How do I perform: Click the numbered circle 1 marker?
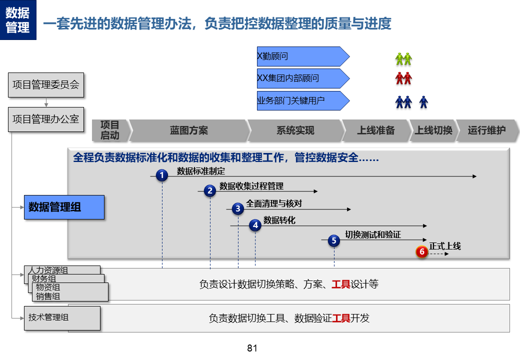click(161, 175)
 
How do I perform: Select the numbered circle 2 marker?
click(210, 190)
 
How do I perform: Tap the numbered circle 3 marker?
click(238, 208)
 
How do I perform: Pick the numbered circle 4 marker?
click(255, 225)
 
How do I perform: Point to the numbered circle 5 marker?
click(334, 240)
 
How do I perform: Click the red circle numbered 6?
click(422, 252)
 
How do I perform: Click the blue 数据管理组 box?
click(64, 207)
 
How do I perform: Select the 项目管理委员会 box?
click(46, 85)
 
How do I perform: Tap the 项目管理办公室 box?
click(46, 119)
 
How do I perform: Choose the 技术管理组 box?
click(62, 317)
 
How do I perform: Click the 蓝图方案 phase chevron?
click(189, 131)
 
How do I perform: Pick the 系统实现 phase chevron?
click(295, 131)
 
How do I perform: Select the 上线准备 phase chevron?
click(376, 131)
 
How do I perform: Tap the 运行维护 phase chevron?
click(486, 131)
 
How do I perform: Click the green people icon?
click(403, 59)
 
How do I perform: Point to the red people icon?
click(403, 78)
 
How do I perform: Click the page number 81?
click(252, 348)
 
